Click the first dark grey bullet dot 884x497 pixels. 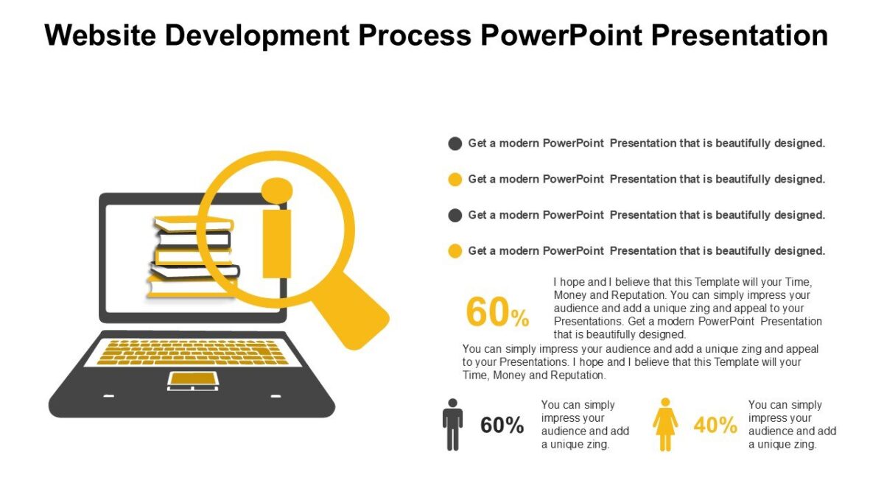pos(455,144)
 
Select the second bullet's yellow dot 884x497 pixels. pos(455,179)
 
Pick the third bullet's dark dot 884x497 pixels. pos(455,215)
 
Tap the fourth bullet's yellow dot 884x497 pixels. pos(455,251)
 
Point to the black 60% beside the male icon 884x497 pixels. pos(502,425)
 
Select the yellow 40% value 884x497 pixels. pos(715,425)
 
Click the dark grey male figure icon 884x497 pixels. pos(452,425)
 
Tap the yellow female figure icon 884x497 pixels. pos(665,425)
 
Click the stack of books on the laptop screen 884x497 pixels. pos(193,258)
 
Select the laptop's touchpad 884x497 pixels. pos(192,380)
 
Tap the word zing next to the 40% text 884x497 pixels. pos(802,445)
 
